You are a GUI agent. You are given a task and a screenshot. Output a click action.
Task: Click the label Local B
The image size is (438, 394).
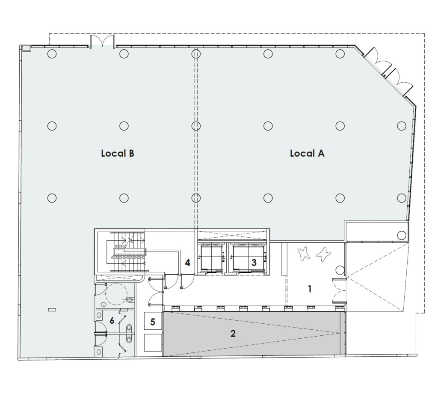coord(117,153)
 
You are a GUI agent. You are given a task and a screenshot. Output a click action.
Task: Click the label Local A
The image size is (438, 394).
coord(307,153)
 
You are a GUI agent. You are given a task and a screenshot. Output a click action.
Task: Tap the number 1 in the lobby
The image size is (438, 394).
coord(310,289)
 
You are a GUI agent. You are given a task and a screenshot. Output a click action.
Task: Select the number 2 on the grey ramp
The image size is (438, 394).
coord(233,333)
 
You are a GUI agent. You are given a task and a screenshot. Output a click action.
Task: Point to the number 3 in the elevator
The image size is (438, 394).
coord(254,262)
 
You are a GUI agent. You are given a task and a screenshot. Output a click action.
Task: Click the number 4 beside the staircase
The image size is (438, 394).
coord(187,263)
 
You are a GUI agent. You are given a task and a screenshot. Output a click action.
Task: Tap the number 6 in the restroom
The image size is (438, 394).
coord(112,320)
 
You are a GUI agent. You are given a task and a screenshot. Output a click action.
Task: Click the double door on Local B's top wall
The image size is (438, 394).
coord(102,41)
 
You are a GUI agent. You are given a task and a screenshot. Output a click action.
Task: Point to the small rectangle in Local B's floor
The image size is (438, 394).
coord(52,310)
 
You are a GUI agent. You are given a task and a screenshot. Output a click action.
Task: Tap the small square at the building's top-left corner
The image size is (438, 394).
coord(26,48)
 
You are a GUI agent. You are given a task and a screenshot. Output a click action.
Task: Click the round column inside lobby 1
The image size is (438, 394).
coord(340,270)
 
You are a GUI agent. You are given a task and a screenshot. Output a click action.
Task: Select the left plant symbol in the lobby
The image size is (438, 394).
coord(304,254)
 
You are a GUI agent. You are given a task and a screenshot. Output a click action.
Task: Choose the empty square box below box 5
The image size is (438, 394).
coord(153,343)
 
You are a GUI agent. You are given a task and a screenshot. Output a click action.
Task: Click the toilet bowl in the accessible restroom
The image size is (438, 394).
coord(130,300)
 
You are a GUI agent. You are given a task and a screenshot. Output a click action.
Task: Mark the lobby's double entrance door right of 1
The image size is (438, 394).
coord(339,291)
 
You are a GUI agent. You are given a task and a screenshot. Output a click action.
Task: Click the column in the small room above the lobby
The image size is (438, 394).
coord(401,236)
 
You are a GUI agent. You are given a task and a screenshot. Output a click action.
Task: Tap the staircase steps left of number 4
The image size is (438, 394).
coord(127,252)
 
